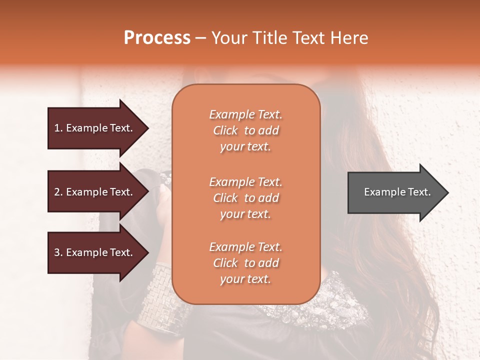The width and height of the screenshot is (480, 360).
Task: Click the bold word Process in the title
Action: point(157,38)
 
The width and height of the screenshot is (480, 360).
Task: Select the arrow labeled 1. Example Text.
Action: point(95,128)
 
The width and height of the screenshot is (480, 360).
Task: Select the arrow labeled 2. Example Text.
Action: point(95,192)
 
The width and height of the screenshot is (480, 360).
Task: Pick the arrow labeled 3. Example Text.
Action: point(95,252)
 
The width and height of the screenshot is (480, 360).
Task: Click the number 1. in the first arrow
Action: point(58,128)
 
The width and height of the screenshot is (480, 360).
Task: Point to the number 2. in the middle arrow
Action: point(58,192)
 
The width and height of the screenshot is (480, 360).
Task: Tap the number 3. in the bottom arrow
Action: point(58,252)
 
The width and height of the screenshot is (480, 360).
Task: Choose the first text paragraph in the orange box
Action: point(245,130)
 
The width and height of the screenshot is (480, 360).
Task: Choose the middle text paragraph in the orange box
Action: point(245,198)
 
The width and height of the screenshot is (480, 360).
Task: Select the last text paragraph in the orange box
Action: point(245,263)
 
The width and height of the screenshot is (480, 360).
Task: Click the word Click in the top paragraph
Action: point(225,131)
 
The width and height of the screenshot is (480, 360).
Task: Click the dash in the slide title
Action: point(201,38)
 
